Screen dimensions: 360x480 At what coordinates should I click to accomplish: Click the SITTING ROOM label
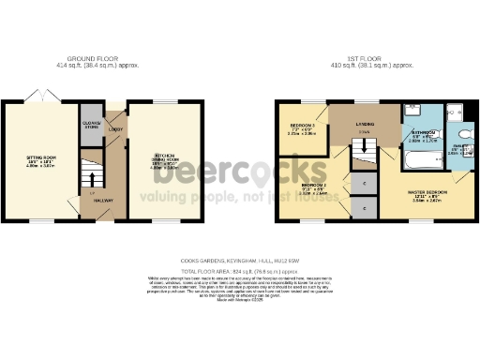39,158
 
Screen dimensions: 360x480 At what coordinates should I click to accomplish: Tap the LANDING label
364,122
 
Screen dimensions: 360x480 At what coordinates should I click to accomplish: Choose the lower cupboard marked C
364,206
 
